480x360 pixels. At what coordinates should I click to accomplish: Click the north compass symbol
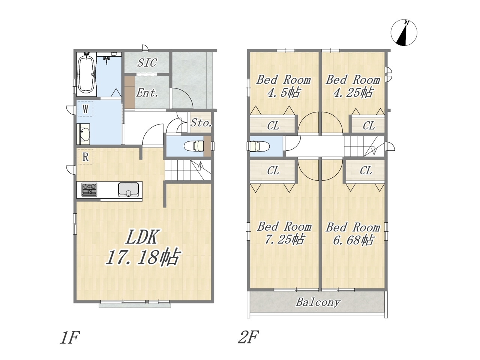[x=403, y=33]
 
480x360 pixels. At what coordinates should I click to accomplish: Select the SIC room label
[x=147, y=63]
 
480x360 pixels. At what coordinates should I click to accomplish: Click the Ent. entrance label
[x=147, y=93]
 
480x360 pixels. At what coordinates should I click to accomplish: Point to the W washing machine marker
[x=85, y=109]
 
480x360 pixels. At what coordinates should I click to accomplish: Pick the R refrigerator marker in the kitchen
[x=85, y=157]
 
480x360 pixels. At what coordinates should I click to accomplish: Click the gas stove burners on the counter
[x=90, y=189]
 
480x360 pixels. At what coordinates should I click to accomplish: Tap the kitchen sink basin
[x=128, y=189]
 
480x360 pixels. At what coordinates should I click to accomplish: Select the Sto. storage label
[x=201, y=123]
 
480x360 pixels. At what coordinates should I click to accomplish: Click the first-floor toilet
[x=194, y=146]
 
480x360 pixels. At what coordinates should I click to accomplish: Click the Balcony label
[x=318, y=302]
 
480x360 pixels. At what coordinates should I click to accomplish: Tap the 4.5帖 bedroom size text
[x=283, y=93]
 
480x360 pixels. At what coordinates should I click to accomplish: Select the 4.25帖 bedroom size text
[x=353, y=93]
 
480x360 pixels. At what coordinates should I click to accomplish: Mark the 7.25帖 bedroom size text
[x=284, y=239]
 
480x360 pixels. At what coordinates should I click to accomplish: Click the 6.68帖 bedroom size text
[x=353, y=240]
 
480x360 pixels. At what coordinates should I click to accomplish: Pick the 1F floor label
[x=70, y=337]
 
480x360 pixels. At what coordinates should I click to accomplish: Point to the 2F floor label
[x=248, y=337]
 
